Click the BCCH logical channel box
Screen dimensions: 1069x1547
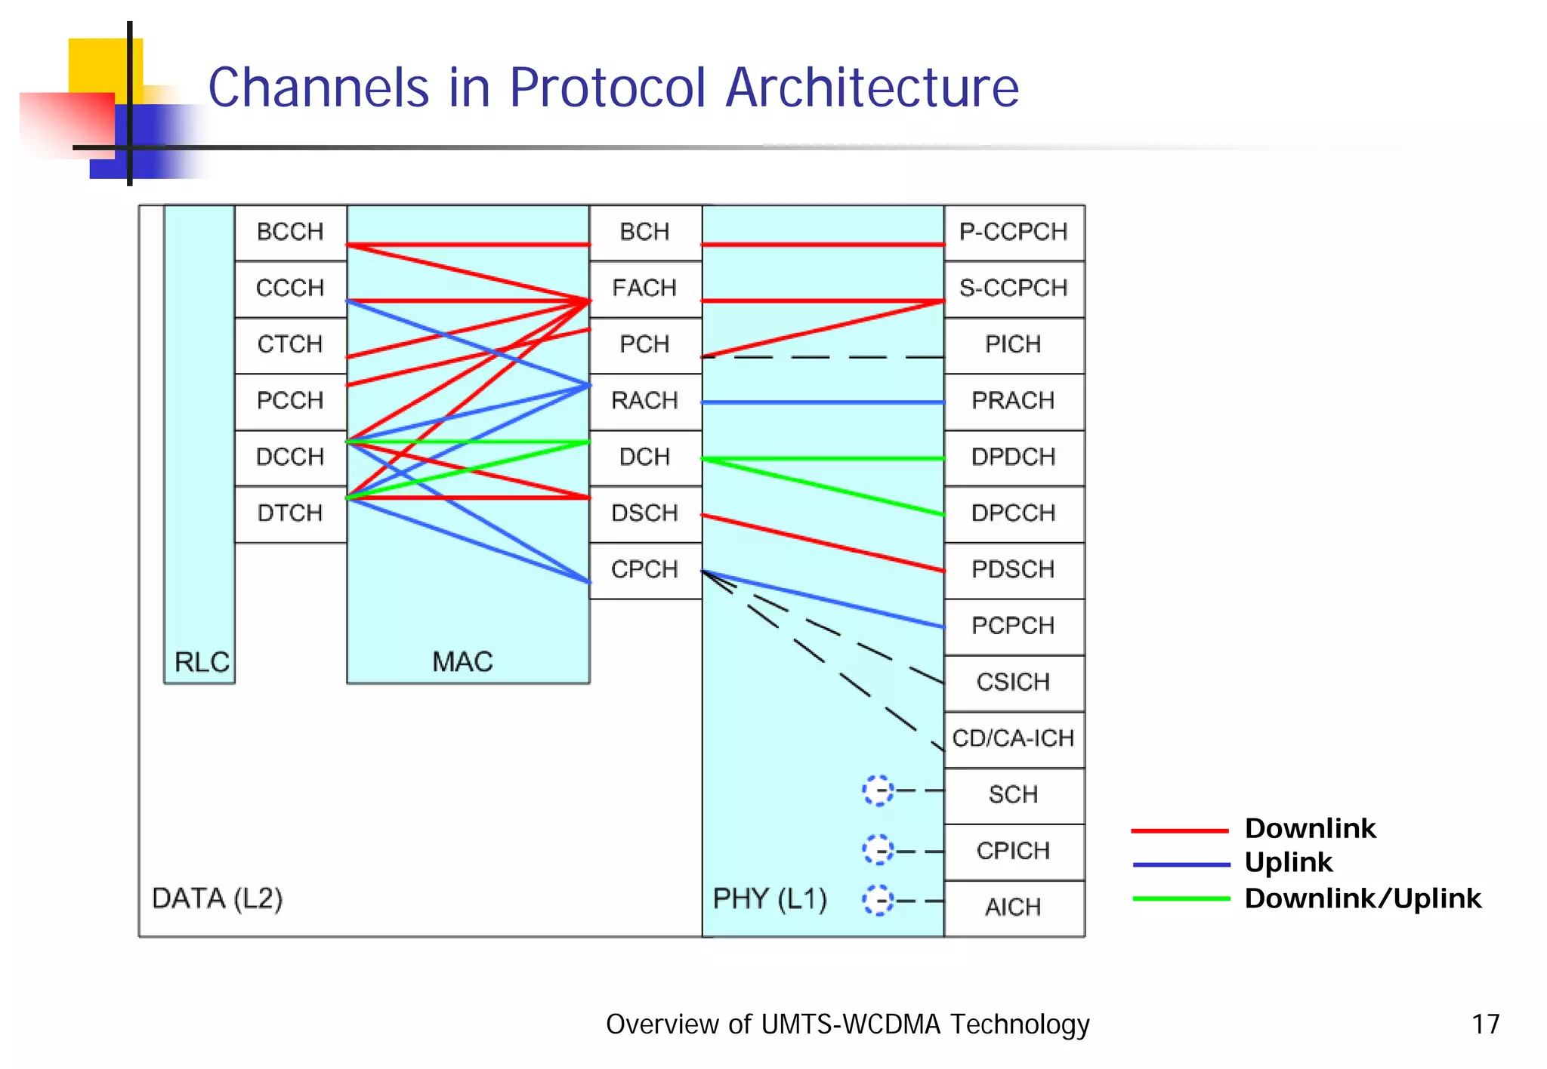click(x=290, y=232)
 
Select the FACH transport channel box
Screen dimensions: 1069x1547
click(x=644, y=288)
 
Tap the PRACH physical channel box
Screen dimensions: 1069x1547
click(x=1013, y=401)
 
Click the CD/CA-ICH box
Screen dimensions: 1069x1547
click(x=1013, y=738)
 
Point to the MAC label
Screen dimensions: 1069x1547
click(x=462, y=662)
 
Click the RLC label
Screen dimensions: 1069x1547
click(x=201, y=662)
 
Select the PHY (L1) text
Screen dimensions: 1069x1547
click(x=770, y=899)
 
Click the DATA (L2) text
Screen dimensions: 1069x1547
click(x=218, y=899)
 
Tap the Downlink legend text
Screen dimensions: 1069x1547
click(x=1310, y=829)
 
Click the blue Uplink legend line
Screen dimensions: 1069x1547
click(x=1181, y=864)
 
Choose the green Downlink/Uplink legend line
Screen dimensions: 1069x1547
click(x=1181, y=899)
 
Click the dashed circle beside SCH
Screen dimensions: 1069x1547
click(x=878, y=790)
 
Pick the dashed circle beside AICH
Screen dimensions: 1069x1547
click(x=878, y=901)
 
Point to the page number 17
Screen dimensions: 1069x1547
click(x=1485, y=1024)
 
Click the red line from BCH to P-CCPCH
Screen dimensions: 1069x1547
click(x=823, y=245)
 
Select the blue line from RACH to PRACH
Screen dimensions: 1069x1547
click(x=823, y=402)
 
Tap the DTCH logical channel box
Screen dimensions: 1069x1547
click(x=290, y=513)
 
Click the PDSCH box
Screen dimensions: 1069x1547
click(x=1013, y=569)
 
